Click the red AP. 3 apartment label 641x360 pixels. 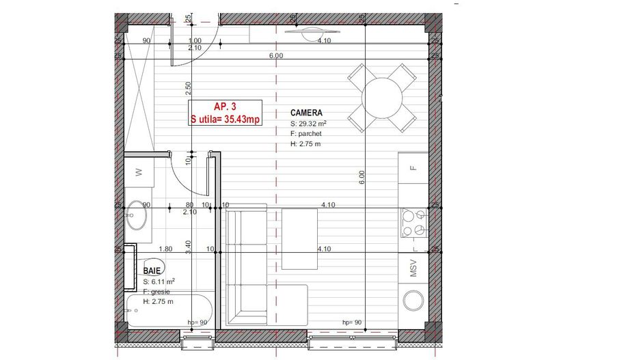[225, 107]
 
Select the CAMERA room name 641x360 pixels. [306, 113]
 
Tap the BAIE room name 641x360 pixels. [152, 271]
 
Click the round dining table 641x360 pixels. [381, 98]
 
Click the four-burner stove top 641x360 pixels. [413, 222]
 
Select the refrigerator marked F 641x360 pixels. [413, 168]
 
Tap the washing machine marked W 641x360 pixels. [139, 174]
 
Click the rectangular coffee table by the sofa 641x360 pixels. [299, 232]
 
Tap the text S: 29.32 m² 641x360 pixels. [308, 124]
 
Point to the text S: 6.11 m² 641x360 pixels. [159, 281]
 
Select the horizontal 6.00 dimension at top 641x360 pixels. [276, 56]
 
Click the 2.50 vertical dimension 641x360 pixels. [188, 89]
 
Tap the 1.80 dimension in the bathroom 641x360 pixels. [165, 249]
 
